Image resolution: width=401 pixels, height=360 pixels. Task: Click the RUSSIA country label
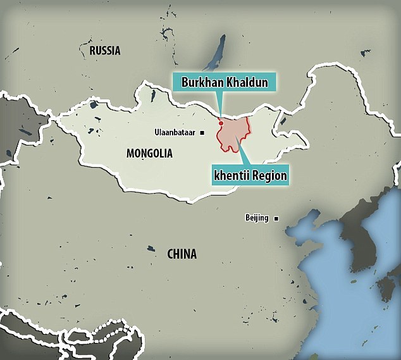[104, 51]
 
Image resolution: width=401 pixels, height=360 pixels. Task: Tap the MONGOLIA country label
[149, 153]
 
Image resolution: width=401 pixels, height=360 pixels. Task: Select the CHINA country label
[182, 254]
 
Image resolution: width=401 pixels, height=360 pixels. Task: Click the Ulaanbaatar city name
[175, 133]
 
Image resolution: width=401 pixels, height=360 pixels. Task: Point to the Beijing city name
[257, 218]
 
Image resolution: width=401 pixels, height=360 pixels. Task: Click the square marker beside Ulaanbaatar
[202, 133]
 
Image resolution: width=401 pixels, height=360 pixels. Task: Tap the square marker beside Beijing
[276, 219]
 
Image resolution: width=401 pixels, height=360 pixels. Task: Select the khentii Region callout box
[250, 175]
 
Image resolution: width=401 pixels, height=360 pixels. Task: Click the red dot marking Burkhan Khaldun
[220, 123]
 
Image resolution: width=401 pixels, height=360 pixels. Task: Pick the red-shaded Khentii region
[234, 134]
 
